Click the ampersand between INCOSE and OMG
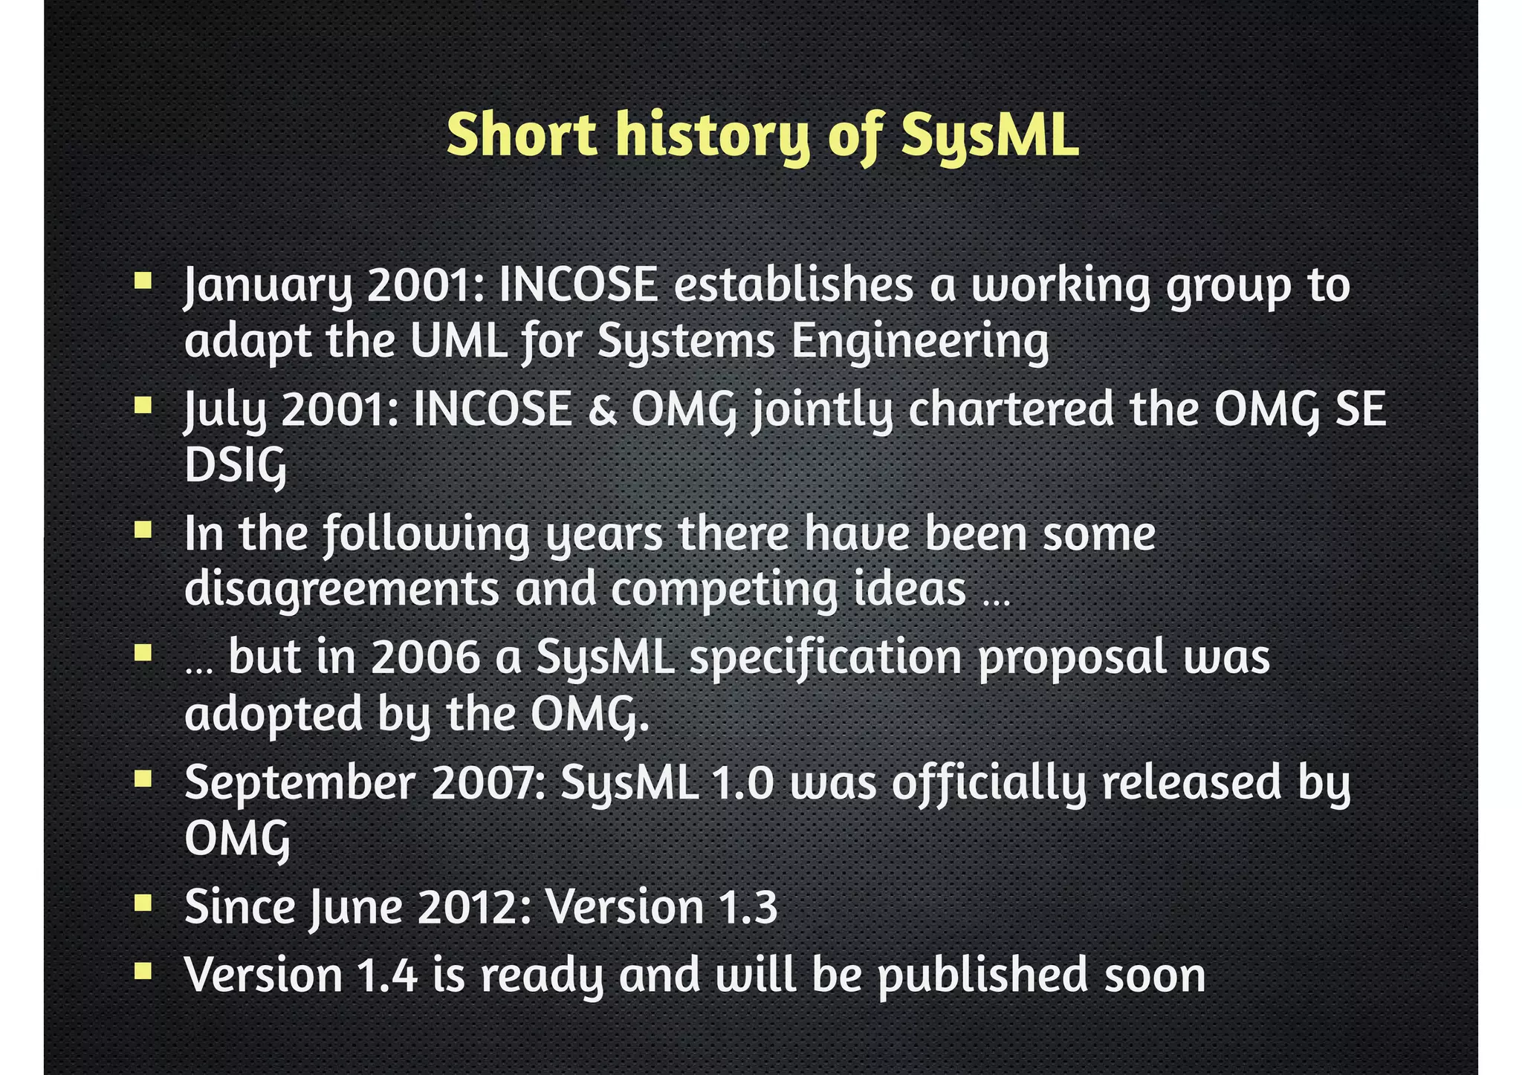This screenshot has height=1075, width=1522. (602, 410)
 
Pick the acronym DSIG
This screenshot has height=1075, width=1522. (235, 467)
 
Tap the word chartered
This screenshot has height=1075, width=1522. (1011, 410)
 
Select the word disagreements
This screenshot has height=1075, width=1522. (342, 590)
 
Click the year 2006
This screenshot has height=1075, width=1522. (425, 657)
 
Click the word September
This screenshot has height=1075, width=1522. (299, 784)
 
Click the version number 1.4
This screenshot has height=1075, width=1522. (387, 975)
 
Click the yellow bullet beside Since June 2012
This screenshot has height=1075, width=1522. (143, 903)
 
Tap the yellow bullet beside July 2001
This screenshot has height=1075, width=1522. (143, 406)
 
